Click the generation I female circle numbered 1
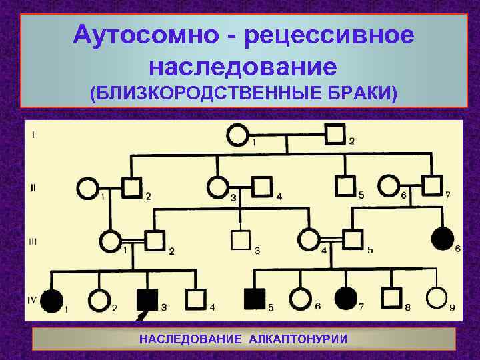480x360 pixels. (x=237, y=136)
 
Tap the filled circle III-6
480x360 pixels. (x=443, y=238)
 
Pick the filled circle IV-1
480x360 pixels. (x=51, y=301)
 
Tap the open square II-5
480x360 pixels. (x=345, y=185)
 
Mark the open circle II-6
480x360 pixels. (x=388, y=186)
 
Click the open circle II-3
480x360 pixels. (x=217, y=187)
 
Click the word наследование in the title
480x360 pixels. (x=243, y=66)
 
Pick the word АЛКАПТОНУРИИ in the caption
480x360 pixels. (x=298, y=339)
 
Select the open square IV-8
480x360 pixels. (x=391, y=299)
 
